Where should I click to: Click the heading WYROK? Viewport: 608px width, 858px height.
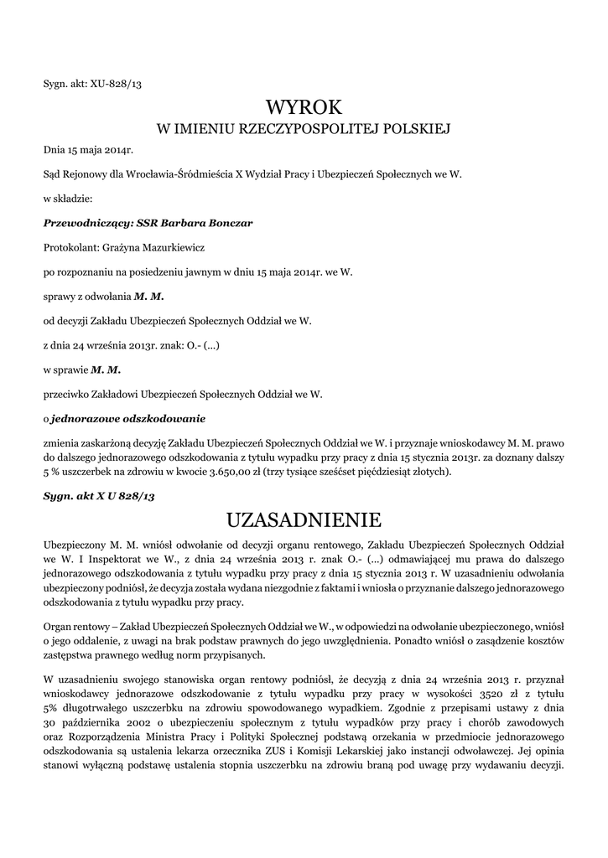(x=304, y=107)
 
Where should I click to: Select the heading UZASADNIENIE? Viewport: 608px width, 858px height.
(x=304, y=520)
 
